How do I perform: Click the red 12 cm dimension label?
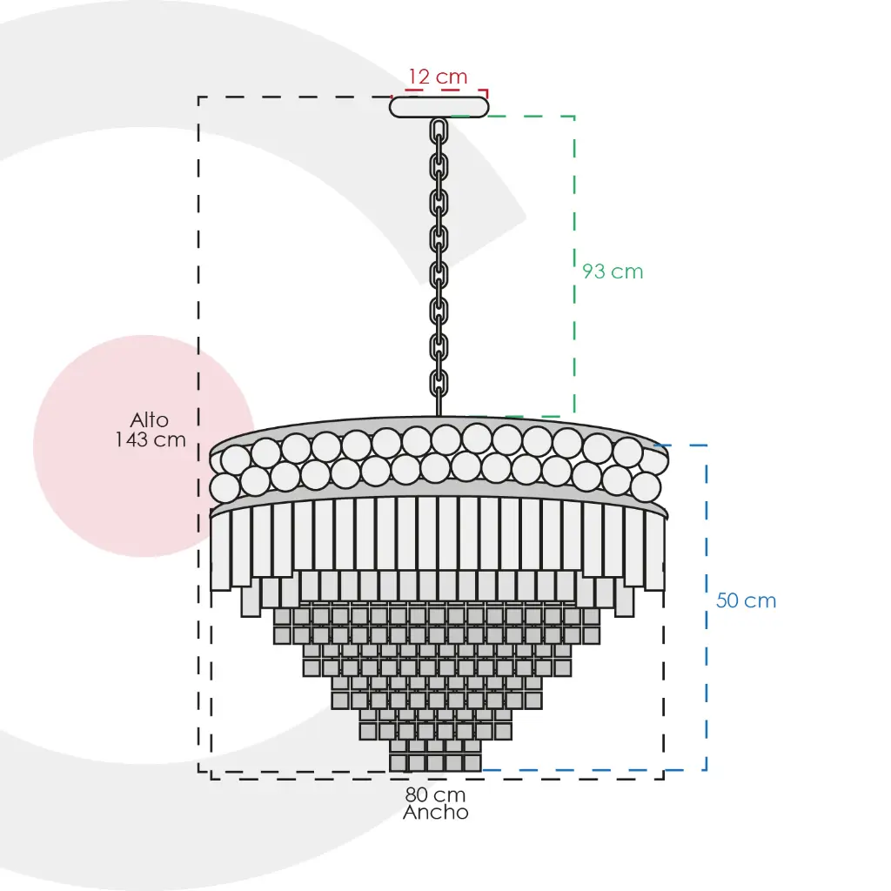tap(439, 77)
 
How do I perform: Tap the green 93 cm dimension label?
tap(613, 271)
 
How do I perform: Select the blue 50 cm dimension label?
tap(746, 600)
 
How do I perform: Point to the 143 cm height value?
tap(151, 439)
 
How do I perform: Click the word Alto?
tap(150, 420)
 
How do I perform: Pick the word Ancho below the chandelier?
tap(436, 813)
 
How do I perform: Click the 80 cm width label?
tap(435, 794)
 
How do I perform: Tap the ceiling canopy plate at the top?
tap(439, 107)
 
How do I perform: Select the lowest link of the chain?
tap(439, 384)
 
